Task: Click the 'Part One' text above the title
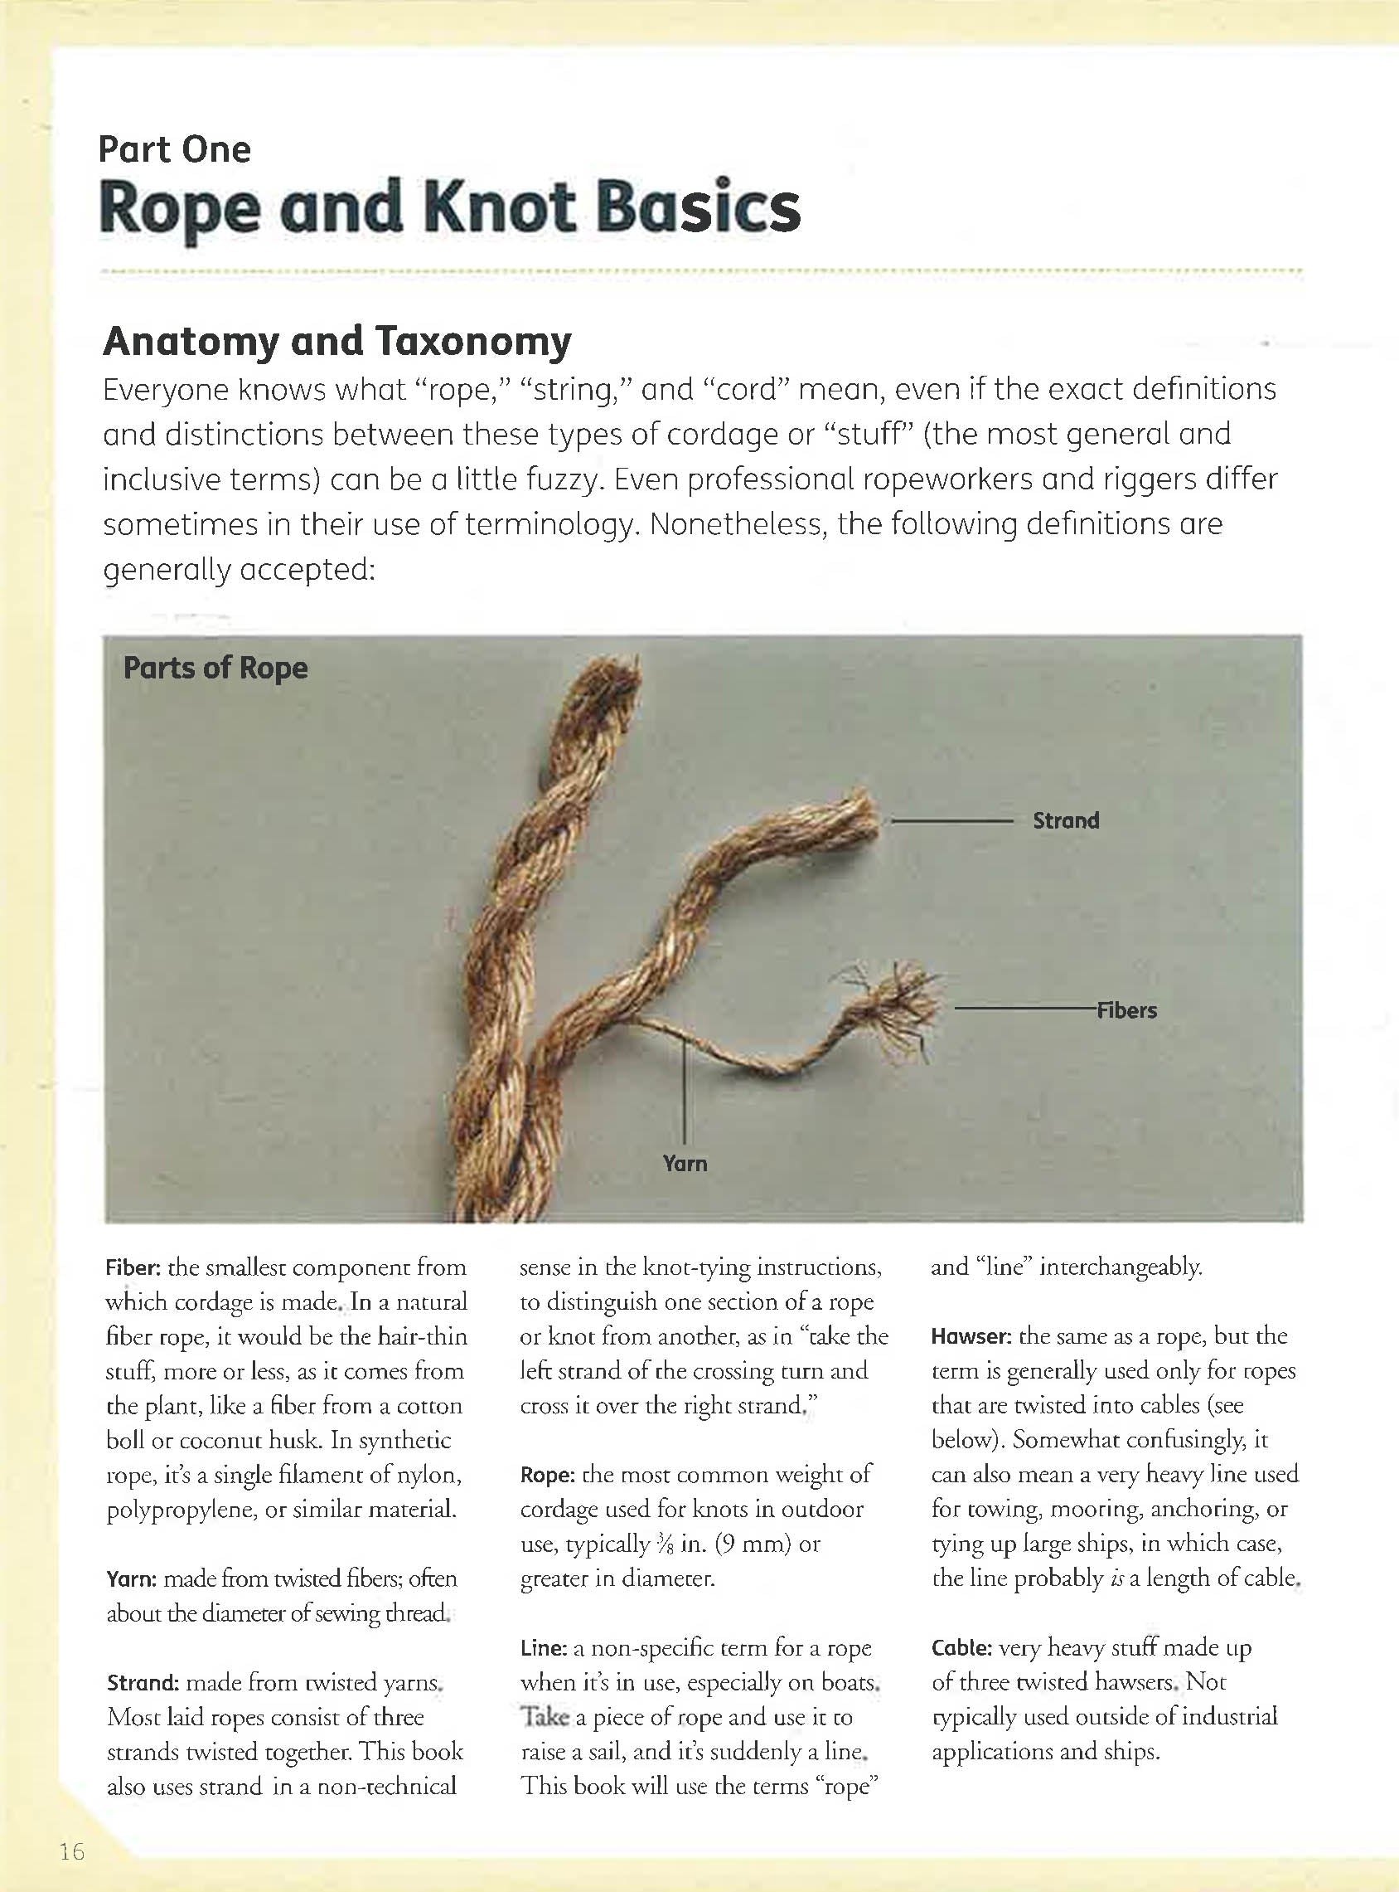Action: click(174, 150)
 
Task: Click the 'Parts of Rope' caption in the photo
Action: click(215, 668)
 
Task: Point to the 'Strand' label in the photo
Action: click(1065, 820)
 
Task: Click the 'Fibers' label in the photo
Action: click(1126, 1010)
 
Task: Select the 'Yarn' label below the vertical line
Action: click(685, 1164)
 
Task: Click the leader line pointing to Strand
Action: click(951, 821)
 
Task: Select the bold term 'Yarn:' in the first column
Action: click(131, 1579)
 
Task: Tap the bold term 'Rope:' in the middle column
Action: click(547, 1475)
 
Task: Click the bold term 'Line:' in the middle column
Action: click(543, 1648)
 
